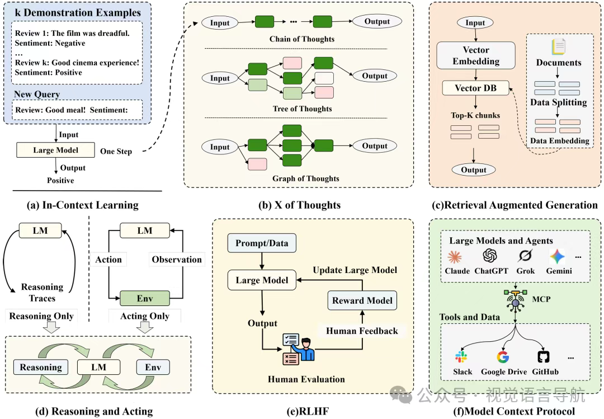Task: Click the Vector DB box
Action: [x=476, y=88]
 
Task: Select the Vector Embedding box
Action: [x=476, y=55]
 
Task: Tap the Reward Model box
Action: [x=362, y=300]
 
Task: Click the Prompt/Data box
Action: [x=262, y=243]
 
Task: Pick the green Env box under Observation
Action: [x=145, y=298]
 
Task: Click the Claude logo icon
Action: [x=455, y=257]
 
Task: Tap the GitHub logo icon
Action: [x=544, y=357]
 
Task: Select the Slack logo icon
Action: [x=461, y=357]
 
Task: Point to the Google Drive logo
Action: [x=503, y=357]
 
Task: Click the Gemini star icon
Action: [x=557, y=256]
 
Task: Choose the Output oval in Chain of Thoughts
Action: [x=377, y=22]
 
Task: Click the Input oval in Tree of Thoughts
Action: [x=220, y=78]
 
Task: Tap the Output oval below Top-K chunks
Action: [x=474, y=170]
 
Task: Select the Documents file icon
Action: [x=558, y=46]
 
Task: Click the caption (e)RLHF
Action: [x=308, y=411]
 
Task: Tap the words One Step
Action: [x=116, y=152]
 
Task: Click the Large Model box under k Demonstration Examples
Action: [x=55, y=150]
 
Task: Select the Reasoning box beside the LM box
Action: [x=41, y=367]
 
